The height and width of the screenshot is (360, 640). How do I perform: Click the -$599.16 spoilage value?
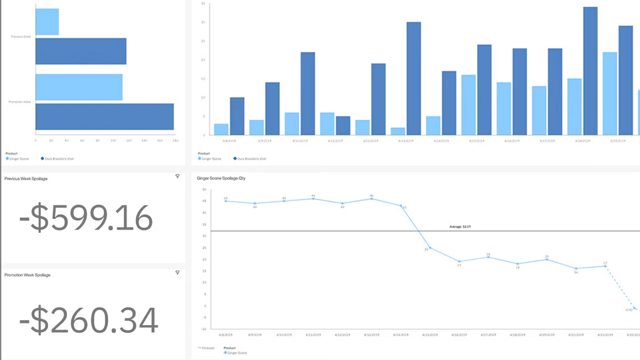tap(86, 218)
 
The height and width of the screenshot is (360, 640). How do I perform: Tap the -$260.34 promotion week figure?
tap(88, 320)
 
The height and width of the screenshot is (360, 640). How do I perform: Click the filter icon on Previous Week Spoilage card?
tap(177, 176)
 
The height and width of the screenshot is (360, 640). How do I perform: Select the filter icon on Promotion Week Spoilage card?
tap(177, 273)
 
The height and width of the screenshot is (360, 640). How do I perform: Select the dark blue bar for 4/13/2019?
tap(413, 79)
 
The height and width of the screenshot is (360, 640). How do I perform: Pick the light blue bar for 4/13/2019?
tap(398, 131)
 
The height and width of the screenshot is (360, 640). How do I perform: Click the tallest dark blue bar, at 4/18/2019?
tap(590, 71)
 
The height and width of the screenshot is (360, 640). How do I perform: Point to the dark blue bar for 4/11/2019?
tap(343, 126)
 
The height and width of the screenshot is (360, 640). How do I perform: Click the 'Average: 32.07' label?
tap(460, 227)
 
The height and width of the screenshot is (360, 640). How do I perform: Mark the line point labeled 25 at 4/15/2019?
tap(430, 248)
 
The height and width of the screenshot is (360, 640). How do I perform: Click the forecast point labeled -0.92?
tap(634, 308)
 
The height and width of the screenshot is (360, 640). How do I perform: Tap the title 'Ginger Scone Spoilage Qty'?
tap(221, 178)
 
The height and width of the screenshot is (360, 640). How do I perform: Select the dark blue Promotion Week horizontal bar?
tap(105, 117)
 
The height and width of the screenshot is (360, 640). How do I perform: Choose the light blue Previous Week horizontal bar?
tap(47, 22)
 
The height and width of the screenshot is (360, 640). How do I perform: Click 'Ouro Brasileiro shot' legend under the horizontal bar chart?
tap(59, 159)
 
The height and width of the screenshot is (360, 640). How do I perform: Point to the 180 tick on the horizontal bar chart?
tap(175, 141)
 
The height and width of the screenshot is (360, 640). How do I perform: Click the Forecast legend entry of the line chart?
tap(206, 348)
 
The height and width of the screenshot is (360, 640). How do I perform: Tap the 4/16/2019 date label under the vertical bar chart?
tap(512, 141)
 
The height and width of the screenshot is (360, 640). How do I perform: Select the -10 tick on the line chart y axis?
tap(204, 329)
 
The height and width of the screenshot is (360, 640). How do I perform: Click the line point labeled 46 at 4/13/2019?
tap(372, 199)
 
